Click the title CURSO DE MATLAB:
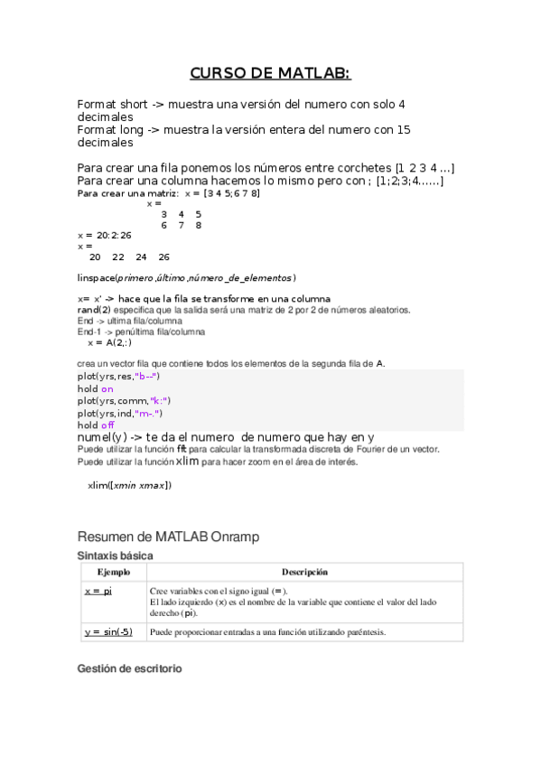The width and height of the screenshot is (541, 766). pyautogui.click(x=270, y=74)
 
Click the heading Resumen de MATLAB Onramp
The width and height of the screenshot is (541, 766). pyautogui.click(x=168, y=537)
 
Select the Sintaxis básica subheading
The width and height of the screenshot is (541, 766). pyautogui.click(x=115, y=555)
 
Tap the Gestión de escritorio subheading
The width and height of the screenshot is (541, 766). pyautogui.click(x=129, y=668)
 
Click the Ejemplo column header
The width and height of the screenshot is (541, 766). pyautogui.click(x=113, y=572)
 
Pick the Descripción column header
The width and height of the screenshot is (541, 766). pyautogui.click(x=303, y=572)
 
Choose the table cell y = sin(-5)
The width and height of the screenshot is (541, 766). pyautogui.click(x=107, y=632)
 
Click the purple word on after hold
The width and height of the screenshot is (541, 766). pyautogui.click(x=107, y=388)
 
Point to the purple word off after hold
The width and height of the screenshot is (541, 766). pyautogui.click(x=107, y=425)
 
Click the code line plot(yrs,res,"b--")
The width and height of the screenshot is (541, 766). pyautogui.click(x=118, y=376)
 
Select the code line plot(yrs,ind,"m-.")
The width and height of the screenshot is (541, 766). pyautogui.click(x=120, y=413)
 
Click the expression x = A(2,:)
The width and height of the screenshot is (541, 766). pyautogui.click(x=109, y=342)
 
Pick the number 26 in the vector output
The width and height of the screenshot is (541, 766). pyautogui.click(x=163, y=257)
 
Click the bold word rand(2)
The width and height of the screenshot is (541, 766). pyautogui.click(x=94, y=310)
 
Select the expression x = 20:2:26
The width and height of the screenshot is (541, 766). pyautogui.click(x=105, y=235)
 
